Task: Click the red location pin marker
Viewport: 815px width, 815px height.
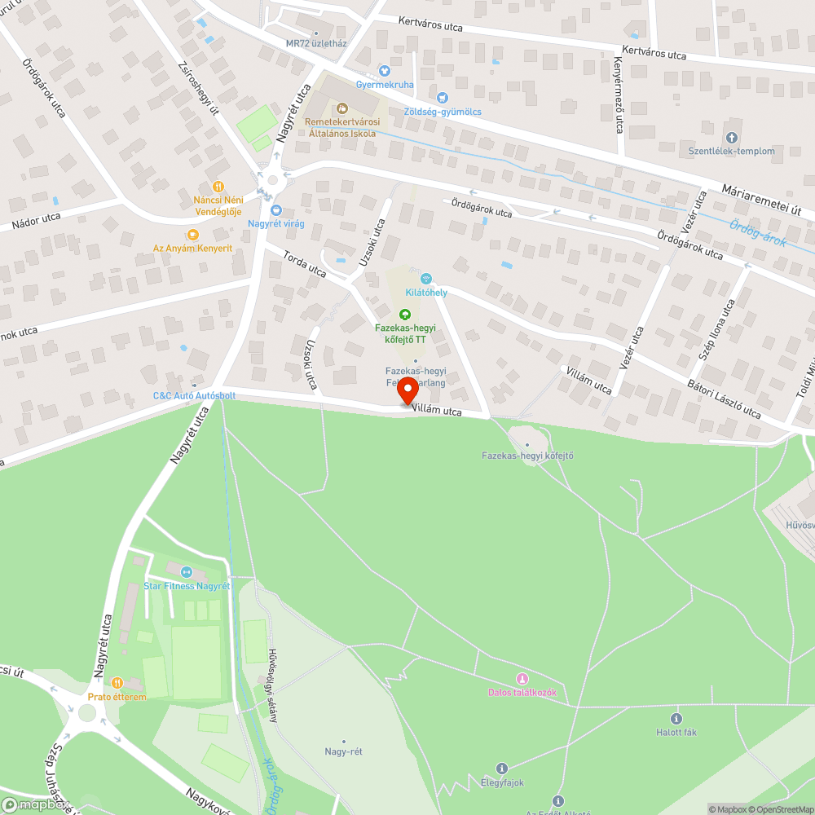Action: tap(407, 390)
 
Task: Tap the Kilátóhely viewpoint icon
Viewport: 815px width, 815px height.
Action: tap(425, 279)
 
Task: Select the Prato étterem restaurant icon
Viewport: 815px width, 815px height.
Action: tap(117, 683)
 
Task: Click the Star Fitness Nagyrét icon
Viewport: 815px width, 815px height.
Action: tap(186, 572)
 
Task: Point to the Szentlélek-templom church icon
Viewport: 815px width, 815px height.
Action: tap(731, 138)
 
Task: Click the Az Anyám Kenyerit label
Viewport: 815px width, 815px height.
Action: tap(193, 247)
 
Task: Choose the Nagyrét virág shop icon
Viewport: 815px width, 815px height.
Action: tap(276, 209)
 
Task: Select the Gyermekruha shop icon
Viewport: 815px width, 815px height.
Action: tap(385, 71)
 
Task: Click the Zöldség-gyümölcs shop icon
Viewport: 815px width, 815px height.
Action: tap(443, 98)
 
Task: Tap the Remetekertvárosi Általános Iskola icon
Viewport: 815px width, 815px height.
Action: tap(341, 108)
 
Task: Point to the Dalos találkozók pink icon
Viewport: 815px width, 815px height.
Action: tap(522, 679)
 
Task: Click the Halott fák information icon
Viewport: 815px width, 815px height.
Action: tap(676, 718)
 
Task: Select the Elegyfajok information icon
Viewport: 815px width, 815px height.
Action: tap(501, 769)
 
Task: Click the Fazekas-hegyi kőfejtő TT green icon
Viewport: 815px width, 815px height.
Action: tap(404, 315)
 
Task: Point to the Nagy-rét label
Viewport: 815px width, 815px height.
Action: tap(343, 751)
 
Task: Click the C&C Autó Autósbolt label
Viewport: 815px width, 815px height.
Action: tap(195, 396)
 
